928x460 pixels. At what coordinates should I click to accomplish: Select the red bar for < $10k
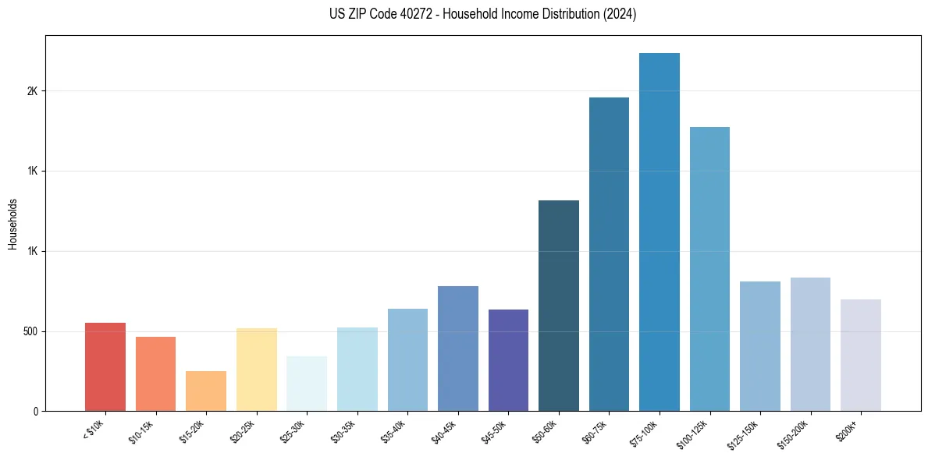point(105,366)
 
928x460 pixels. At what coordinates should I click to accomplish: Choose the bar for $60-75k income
point(609,254)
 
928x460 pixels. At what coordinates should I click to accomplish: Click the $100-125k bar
point(709,269)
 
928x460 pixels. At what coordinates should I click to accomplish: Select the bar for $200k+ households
point(860,355)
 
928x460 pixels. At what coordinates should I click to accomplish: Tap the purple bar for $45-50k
point(508,360)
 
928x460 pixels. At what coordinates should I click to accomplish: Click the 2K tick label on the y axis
point(32,91)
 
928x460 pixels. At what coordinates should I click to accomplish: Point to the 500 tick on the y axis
point(30,331)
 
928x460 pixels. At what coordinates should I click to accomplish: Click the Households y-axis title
point(12,223)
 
